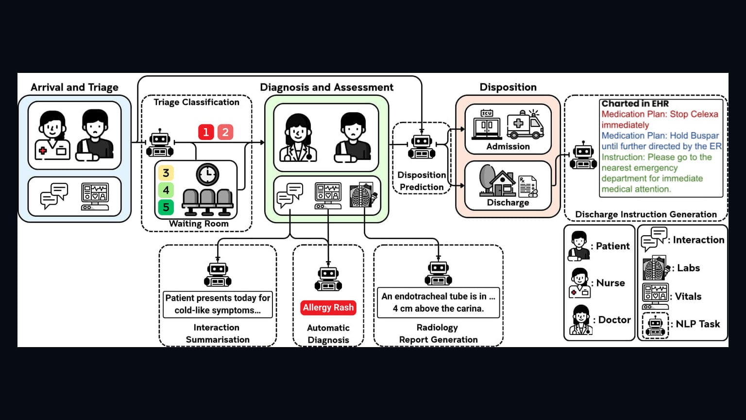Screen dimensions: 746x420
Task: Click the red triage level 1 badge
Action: pyautogui.click(x=206, y=132)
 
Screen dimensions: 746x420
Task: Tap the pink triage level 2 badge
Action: pyautogui.click(x=225, y=132)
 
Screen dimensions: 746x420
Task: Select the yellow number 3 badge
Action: pyautogui.click(x=166, y=173)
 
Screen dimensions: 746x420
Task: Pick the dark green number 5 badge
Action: pyautogui.click(x=166, y=207)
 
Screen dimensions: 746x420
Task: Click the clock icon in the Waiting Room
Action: pyautogui.click(x=207, y=174)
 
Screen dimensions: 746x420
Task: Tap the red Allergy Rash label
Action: pyautogui.click(x=328, y=307)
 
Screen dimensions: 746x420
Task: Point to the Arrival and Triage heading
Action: pyautogui.click(x=75, y=87)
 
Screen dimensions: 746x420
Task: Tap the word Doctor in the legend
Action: pyautogui.click(x=614, y=320)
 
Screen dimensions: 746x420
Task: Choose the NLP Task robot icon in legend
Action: pyautogui.click(x=655, y=326)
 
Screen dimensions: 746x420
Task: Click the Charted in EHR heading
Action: pyautogui.click(x=635, y=104)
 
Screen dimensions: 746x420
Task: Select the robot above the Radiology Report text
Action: pyautogui.click(x=438, y=273)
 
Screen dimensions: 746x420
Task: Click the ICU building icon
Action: pyautogui.click(x=487, y=124)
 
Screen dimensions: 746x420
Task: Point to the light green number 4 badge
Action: pyautogui.click(x=166, y=190)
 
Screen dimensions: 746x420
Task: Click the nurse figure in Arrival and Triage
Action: pyautogui.click(x=52, y=135)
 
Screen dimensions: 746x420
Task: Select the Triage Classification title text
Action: pyautogui.click(x=197, y=102)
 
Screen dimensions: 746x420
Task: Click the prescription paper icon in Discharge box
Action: pyautogui.click(x=528, y=187)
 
